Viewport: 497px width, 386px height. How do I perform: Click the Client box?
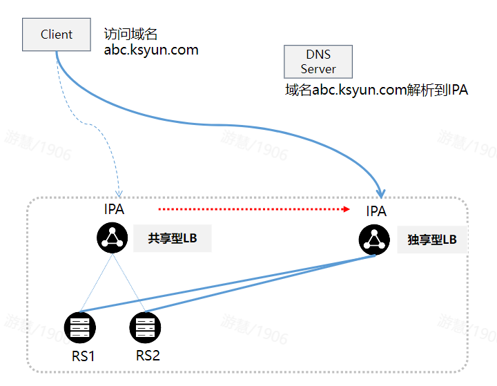tap(57, 35)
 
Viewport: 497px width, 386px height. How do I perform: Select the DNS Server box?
tap(318, 61)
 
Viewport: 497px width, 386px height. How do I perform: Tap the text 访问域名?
tap(131, 34)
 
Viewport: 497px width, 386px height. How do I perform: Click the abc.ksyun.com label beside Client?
tap(150, 50)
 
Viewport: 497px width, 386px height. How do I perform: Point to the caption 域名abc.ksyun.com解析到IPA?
tap(376, 90)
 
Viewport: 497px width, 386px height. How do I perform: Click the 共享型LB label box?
tap(172, 238)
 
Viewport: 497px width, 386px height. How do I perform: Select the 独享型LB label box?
tap(432, 240)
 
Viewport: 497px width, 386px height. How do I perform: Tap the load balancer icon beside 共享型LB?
tap(113, 238)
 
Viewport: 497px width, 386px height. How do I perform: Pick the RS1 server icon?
tap(79, 327)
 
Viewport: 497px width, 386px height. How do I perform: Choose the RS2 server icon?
tap(145, 327)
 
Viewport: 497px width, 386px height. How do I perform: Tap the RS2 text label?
tap(148, 356)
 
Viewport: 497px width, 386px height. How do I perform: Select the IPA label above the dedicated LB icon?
tap(376, 211)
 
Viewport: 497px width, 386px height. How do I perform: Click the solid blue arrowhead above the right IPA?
tap(381, 192)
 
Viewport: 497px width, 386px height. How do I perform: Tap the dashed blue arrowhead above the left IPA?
tap(118, 192)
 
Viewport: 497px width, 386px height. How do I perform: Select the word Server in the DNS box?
tap(318, 69)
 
